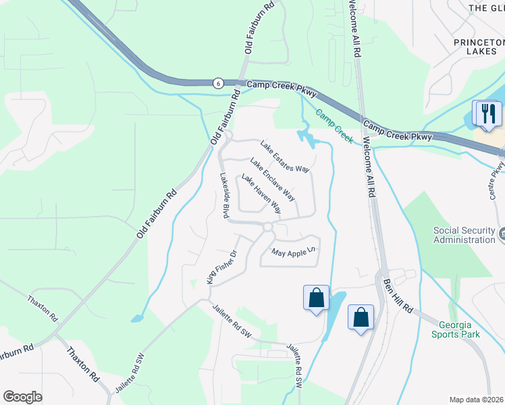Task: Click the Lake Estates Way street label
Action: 285,157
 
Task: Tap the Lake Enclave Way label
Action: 273,180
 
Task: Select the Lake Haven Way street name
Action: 261,195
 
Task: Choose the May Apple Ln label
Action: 294,252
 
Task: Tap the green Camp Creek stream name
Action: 335,126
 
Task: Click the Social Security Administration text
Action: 464,235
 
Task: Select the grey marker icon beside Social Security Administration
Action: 503,235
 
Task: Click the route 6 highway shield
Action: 217,83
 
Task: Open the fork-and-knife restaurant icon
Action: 487,113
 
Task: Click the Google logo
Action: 22,397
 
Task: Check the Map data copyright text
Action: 477,400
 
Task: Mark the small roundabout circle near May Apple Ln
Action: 268,228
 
